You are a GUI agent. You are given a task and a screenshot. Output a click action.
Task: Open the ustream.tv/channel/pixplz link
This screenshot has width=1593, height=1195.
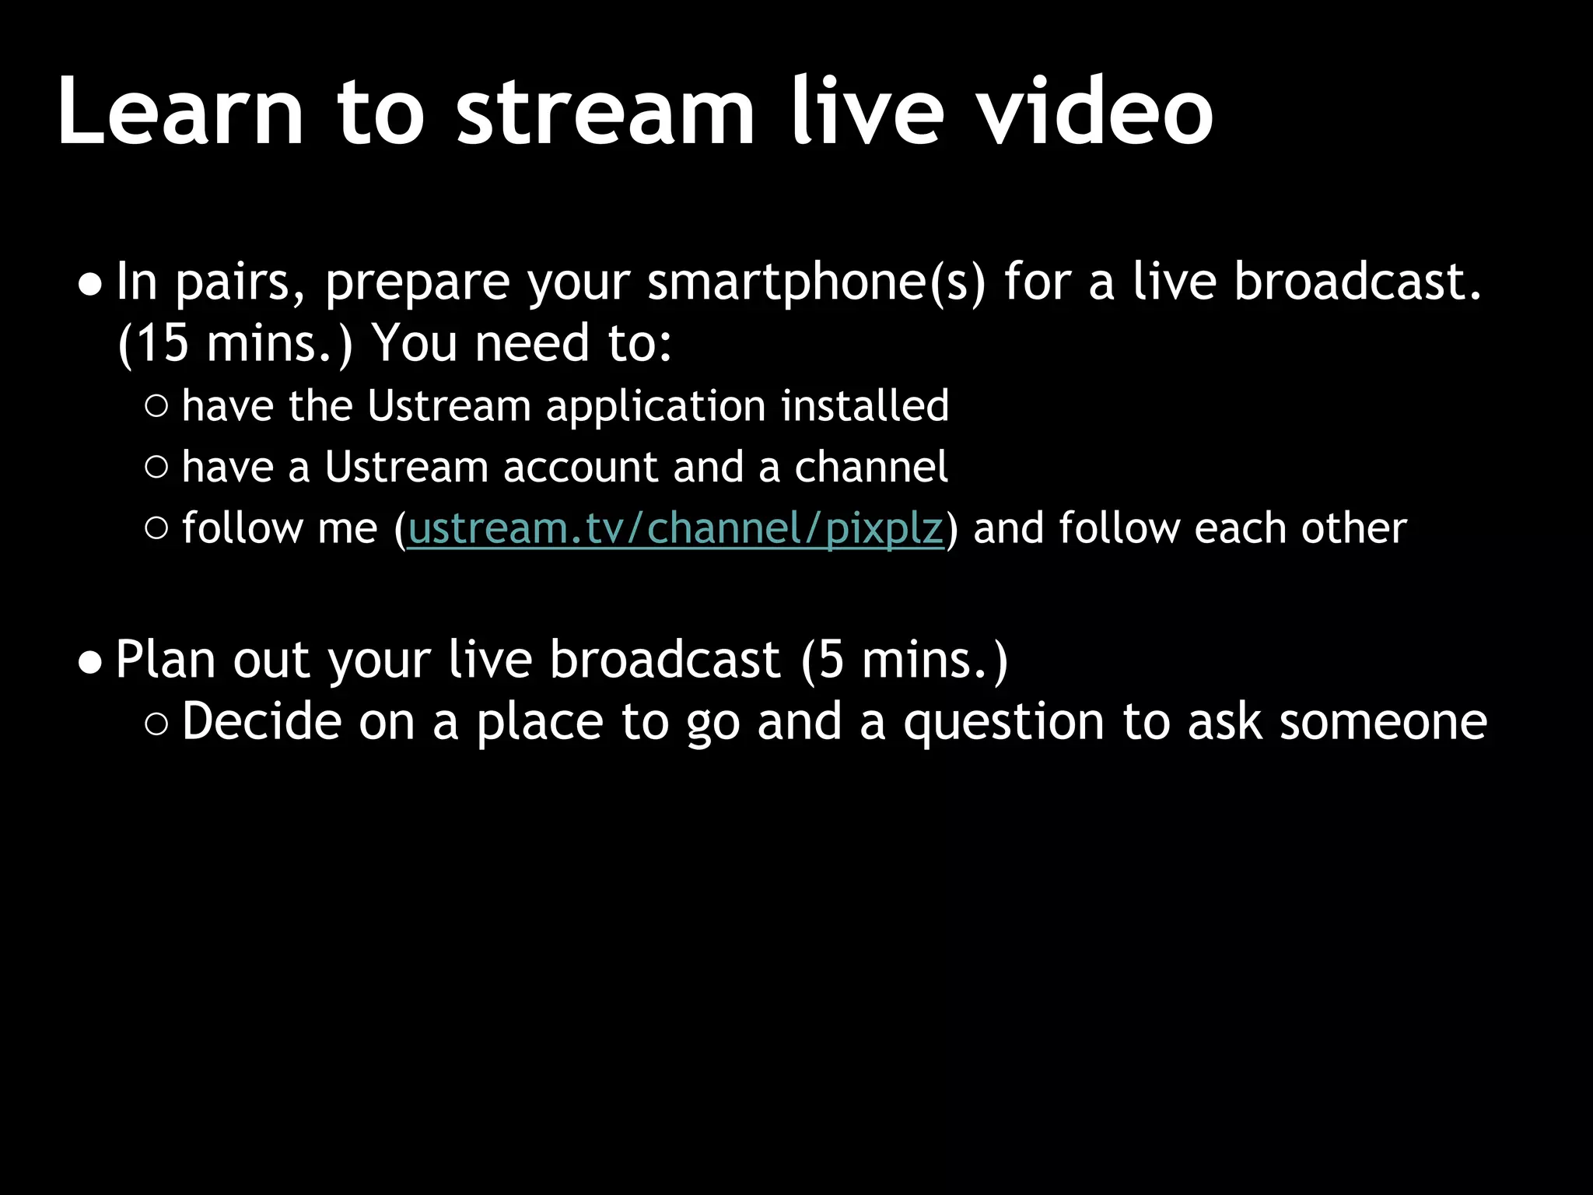[x=675, y=529]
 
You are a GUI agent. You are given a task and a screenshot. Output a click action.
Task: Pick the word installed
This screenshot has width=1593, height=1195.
[x=865, y=405]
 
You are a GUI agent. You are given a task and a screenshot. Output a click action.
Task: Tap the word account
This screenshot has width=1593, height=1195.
[x=581, y=468]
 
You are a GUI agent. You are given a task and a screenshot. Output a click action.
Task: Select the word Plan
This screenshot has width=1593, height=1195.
[x=165, y=660]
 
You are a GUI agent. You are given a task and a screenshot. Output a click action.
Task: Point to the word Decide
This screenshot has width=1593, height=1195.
[x=261, y=721]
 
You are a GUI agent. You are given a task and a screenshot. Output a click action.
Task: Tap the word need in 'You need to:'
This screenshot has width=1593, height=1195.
[x=532, y=343]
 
